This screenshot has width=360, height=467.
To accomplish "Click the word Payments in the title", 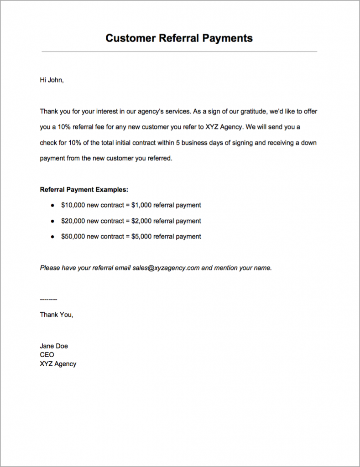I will pos(228,38).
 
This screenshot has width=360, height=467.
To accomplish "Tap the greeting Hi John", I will pos(52,80).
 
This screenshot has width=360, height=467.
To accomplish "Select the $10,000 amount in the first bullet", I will pos(73,205).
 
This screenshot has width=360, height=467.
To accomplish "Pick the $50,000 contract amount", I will pos(73,236).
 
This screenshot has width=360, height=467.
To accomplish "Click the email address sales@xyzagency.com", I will pos(166,268).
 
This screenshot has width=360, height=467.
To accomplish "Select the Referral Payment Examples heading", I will pos(84,189).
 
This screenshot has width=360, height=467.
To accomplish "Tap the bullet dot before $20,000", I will pos(52,221).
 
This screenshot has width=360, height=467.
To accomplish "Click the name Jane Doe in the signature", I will pos(54,346).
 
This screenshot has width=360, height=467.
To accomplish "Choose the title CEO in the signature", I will pos(47,355).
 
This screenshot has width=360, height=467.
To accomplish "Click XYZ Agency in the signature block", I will pos(58,364).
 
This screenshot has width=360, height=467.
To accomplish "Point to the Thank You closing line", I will pos(56,315).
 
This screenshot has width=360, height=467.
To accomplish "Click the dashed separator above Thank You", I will pos(48,300).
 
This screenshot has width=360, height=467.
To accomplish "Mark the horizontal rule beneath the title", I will pos(179,52).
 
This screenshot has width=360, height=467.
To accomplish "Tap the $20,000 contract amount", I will pos(73,221).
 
